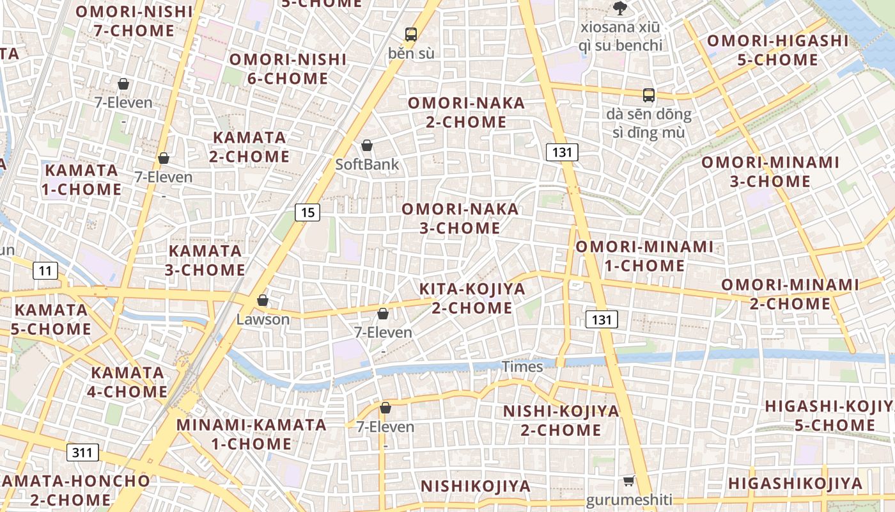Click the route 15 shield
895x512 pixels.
pos(307,212)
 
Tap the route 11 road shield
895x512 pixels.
pos(45,271)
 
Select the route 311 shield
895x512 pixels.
pos(82,453)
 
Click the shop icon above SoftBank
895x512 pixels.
pos(367,146)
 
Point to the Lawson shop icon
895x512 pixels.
pos(263,300)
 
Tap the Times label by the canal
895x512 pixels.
pos(522,367)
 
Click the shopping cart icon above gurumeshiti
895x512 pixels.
pos(629,481)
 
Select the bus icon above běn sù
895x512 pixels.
pos(411,34)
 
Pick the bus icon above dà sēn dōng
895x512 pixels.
pos(649,95)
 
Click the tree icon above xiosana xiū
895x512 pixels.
pos(619,8)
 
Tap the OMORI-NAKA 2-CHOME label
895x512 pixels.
pos(466,112)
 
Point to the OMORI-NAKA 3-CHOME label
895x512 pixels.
pos(460,218)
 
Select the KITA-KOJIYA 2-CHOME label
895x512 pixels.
pos(472,298)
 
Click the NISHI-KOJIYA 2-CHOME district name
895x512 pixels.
pos(561,420)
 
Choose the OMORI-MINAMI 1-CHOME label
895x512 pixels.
pos(644,256)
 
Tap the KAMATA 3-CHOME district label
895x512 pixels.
pos(205,260)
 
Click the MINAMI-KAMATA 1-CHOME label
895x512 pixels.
pos(251,434)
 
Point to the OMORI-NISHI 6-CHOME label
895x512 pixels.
pos(288,69)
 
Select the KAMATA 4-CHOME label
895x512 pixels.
pos(128,382)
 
